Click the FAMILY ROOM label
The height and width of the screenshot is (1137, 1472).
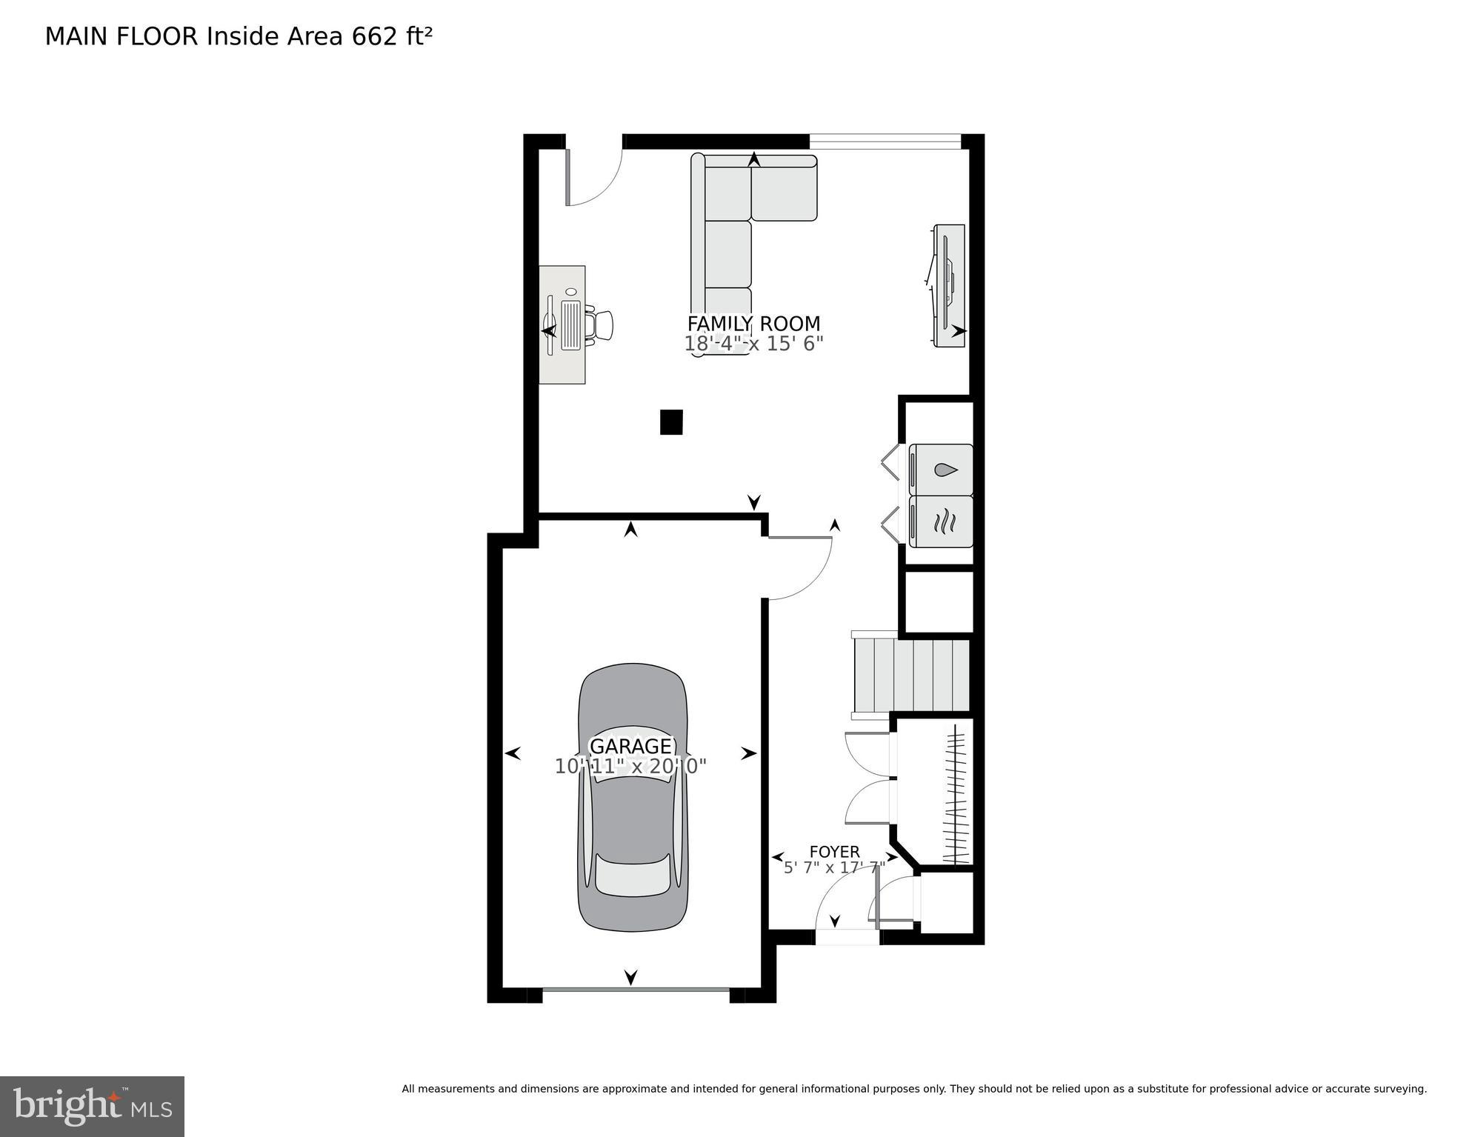753,324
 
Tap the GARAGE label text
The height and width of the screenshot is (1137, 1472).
630,746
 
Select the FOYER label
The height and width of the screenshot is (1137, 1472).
834,852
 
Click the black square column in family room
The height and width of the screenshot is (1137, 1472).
671,422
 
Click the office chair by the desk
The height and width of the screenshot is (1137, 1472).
600,326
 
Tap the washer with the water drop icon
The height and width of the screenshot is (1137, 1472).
941,470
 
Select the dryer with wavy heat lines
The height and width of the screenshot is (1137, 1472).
941,522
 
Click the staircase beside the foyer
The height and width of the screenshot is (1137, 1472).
911,675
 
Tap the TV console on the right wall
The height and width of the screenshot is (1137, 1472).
948,285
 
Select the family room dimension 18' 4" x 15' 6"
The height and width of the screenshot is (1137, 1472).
753,344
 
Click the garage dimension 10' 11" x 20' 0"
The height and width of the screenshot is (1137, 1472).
630,767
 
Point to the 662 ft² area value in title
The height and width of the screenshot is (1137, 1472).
391,36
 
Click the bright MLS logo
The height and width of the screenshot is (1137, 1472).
92,1106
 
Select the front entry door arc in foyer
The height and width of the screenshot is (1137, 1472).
845,904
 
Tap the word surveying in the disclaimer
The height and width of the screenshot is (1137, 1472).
1396,1089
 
